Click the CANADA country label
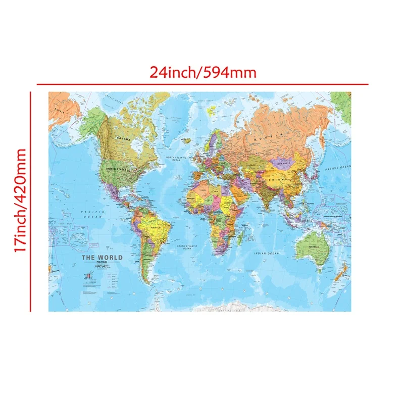pyautogui.click(x=123, y=138)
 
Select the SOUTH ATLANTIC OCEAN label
pyautogui.click(x=186, y=247)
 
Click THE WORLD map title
pyautogui.click(x=102, y=258)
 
